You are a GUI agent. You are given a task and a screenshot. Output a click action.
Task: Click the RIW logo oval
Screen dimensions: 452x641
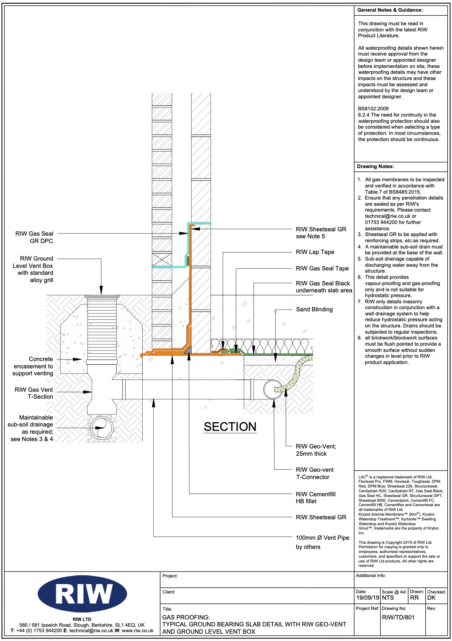(x=82, y=594)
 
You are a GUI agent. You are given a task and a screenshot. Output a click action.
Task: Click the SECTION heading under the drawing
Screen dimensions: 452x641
(x=230, y=427)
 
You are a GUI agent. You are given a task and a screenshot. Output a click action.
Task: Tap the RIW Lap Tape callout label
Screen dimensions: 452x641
(x=315, y=252)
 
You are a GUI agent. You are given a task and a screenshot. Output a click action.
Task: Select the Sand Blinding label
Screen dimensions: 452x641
(x=314, y=310)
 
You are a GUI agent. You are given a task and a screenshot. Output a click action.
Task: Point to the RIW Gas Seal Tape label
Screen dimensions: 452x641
(x=322, y=269)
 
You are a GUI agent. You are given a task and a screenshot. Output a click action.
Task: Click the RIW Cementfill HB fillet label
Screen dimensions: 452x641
(x=316, y=498)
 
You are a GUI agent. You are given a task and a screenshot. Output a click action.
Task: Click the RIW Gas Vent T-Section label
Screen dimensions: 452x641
(x=34, y=393)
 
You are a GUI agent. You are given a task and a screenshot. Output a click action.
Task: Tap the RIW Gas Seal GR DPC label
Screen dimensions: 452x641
(x=34, y=237)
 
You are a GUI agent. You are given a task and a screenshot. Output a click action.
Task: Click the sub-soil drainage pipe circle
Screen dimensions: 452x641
(x=101, y=427)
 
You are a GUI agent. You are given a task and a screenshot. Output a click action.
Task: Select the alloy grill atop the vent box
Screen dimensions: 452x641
(x=102, y=296)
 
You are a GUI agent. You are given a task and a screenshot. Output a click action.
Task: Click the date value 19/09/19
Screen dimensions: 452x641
(x=368, y=598)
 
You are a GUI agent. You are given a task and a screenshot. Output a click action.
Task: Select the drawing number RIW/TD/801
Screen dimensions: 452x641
(x=398, y=617)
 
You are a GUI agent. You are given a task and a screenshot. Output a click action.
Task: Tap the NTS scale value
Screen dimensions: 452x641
(x=388, y=598)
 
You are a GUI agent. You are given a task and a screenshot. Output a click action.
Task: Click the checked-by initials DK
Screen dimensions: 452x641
(x=431, y=598)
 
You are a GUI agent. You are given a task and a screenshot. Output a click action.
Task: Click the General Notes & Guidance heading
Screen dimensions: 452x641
(x=390, y=10)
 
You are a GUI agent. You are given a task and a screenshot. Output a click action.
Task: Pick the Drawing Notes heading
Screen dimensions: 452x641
(x=375, y=166)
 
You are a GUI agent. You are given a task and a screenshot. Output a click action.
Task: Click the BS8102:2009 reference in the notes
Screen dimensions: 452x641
(x=373, y=109)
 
